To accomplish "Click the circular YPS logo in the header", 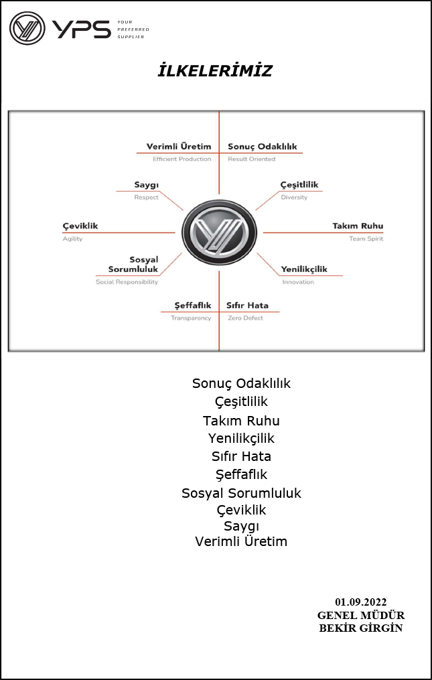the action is click(x=27, y=28).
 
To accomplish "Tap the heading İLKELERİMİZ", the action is click(x=215, y=71).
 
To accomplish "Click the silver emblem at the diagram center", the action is click(x=219, y=232).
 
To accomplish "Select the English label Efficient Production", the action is click(x=182, y=159).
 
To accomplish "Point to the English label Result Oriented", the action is click(x=252, y=159).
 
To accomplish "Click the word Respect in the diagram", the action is click(x=146, y=198).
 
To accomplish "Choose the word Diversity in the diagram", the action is click(x=294, y=198).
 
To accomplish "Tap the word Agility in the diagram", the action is click(x=72, y=239).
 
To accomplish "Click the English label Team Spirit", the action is click(x=366, y=239).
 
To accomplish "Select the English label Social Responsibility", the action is click(x=127, y=282).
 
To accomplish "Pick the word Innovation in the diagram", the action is click(x=298, y=282).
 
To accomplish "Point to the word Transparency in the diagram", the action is click(x=191, y=318).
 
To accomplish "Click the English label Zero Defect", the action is click(x=246, y=318).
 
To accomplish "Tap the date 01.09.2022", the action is click(x=361, y=602).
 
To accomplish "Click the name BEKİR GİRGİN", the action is click(x=361, y=628).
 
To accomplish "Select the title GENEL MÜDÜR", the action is click(x=361, y=615).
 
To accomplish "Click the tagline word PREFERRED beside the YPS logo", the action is click(x=133, y=29).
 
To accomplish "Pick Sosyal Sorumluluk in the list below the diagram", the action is click(x=241, y=493).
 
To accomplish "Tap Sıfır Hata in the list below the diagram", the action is click(x=241, y=456).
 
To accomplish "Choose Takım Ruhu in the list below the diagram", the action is click(x=241, y=421).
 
